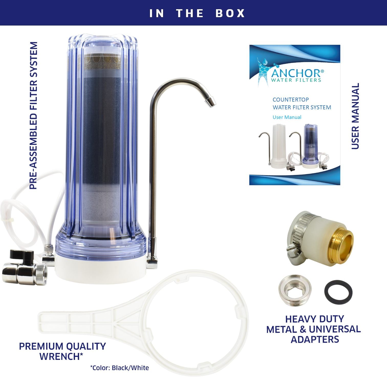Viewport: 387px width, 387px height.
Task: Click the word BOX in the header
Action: [230, 13]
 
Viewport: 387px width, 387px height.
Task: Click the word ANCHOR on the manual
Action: [295, 73]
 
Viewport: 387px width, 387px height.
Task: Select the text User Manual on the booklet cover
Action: [287, 117]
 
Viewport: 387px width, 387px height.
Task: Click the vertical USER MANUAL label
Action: [355, 116]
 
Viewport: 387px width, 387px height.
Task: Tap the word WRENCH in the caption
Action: [61, 356]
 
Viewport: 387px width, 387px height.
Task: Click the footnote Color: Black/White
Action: [119, 368]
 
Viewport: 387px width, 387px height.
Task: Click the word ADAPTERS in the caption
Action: [315, 339]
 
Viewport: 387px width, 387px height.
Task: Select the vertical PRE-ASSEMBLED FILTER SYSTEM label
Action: [33, 115]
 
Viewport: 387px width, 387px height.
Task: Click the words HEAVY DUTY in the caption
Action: [315, 319]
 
